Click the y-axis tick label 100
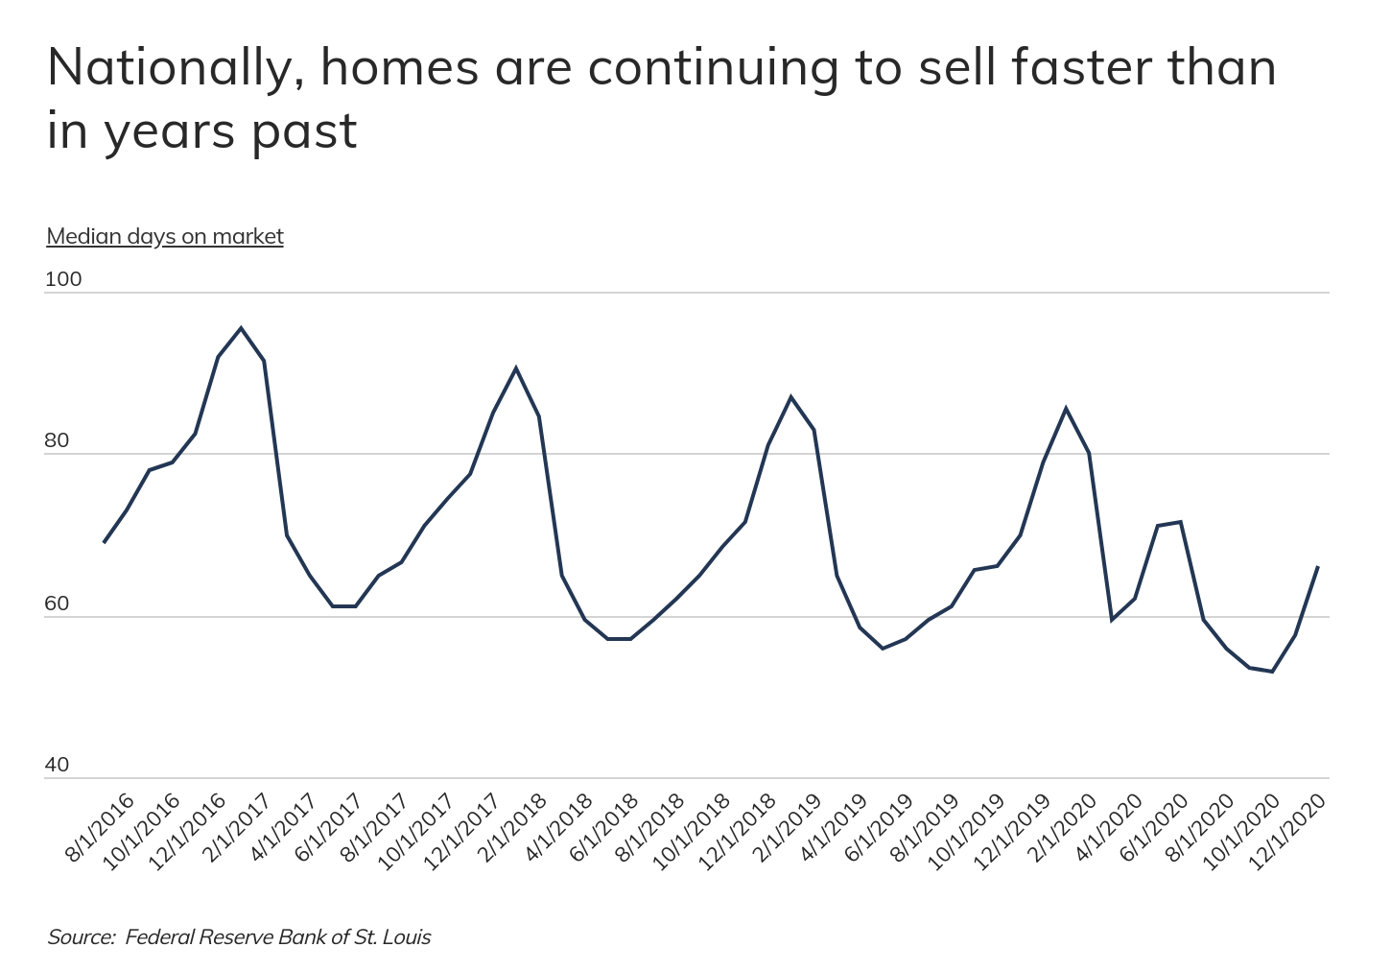click(63, 279)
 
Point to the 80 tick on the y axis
click(58, 440)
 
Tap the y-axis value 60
click(58, 604)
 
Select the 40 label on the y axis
click(58, 765)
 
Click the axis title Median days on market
click(165, 236)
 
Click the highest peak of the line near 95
click(241, 328)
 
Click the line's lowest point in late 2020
click(1272, 672)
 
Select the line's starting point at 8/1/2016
click(104, 543)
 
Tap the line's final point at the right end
click(1318, 566)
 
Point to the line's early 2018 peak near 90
click(516, 367)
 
